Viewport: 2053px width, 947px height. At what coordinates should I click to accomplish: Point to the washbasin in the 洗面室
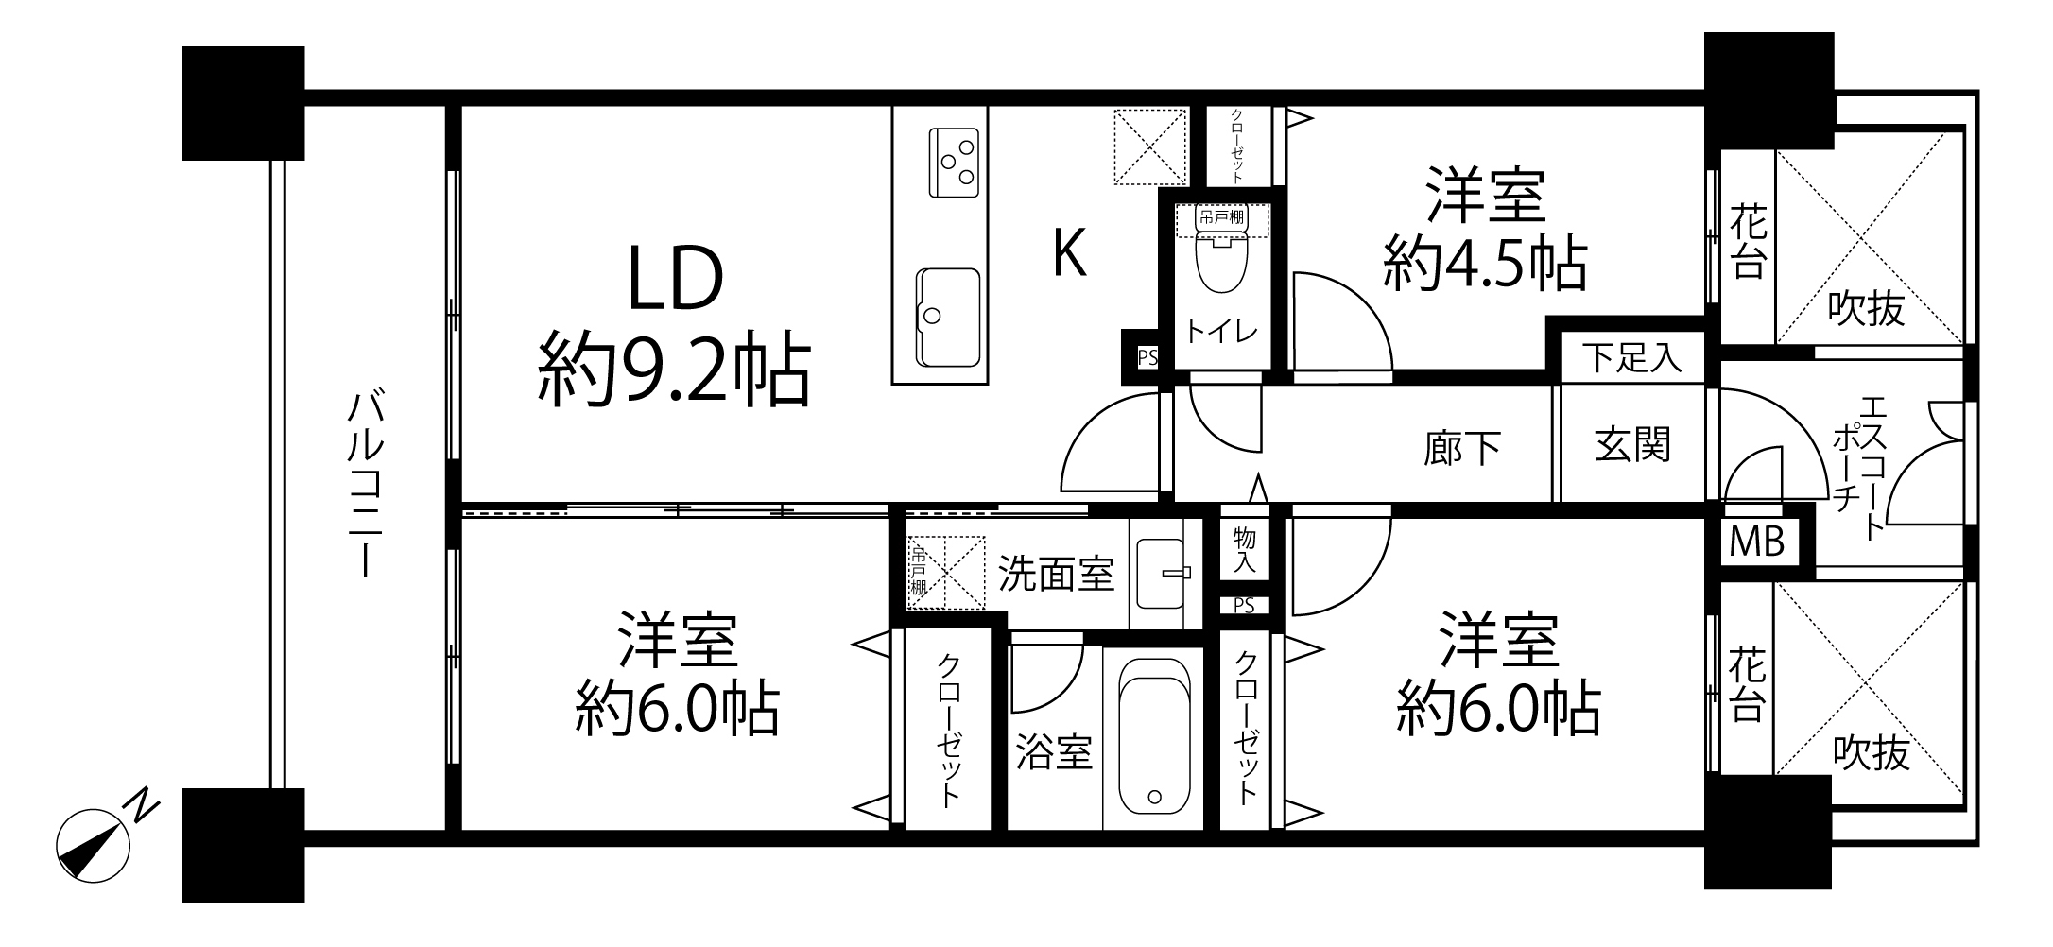1164,573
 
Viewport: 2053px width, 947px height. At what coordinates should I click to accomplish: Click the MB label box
1757,542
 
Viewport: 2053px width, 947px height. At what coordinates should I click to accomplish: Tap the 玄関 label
1632,444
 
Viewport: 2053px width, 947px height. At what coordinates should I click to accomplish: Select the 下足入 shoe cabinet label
1632,358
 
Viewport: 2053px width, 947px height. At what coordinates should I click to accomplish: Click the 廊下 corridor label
1462,448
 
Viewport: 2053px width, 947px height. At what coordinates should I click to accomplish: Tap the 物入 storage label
1245,551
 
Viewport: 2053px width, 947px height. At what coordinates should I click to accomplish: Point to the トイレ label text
1222,332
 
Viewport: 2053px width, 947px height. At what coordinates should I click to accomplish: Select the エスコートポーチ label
1857,468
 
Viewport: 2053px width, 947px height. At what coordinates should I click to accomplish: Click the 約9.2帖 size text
674,370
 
